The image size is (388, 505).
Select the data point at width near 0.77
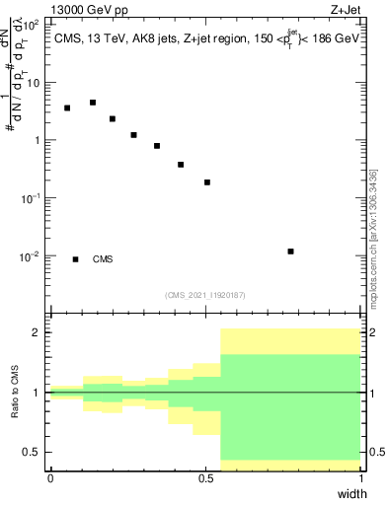tap(290, 252)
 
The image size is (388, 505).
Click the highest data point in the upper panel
tap(93, 103)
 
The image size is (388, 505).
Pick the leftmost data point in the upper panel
tap(67, 108)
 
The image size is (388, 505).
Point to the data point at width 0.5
tap(207, 182)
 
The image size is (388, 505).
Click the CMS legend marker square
tap(76, 259)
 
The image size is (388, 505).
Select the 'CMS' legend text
tap(103, 259)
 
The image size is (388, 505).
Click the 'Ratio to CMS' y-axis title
tap(15, 393)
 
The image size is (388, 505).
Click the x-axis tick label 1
tap(361, 478)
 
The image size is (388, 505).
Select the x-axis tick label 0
tap(50, 478)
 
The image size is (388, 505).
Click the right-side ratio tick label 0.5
tap(376, 452)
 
